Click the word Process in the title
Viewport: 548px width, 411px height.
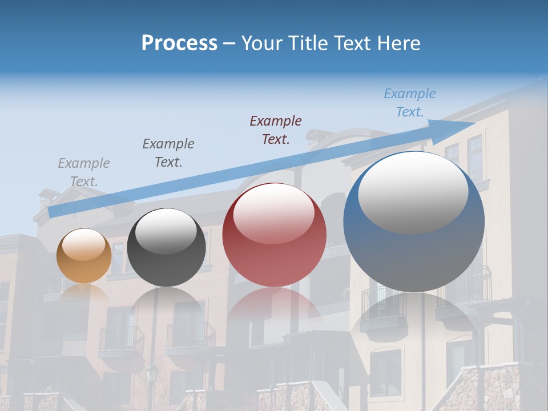[179, 43]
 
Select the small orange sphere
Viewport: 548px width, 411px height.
[84, 256]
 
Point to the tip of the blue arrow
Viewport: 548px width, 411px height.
[475, 123]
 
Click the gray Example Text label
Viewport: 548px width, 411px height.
[84, 172]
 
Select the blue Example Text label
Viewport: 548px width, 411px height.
[409, 103]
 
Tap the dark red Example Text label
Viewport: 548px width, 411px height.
[276, 130]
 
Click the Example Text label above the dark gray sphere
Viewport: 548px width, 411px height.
[168, 152]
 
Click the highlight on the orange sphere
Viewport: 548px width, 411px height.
[83, 244]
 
